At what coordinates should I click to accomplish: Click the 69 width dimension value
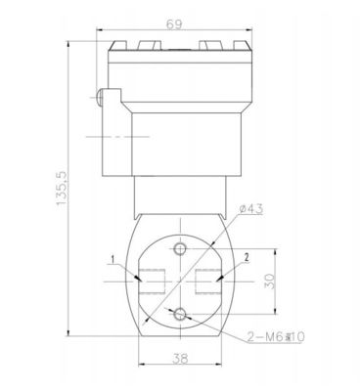[x=173, y=24]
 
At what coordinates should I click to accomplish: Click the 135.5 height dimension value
[x=62, y=189]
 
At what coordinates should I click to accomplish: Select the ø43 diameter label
[x=250, y=209]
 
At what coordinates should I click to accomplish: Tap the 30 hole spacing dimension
[x=270, y=282]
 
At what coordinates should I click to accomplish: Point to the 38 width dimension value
[x=180, y=359]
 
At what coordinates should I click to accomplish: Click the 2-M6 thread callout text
[x=276, y=337]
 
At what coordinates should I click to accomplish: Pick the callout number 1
[x=112, y=259]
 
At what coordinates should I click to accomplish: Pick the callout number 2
[x=247, y=258]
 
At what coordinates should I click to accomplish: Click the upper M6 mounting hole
[x=180, y=249]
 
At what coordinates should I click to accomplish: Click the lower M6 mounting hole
[x=180, y=315]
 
